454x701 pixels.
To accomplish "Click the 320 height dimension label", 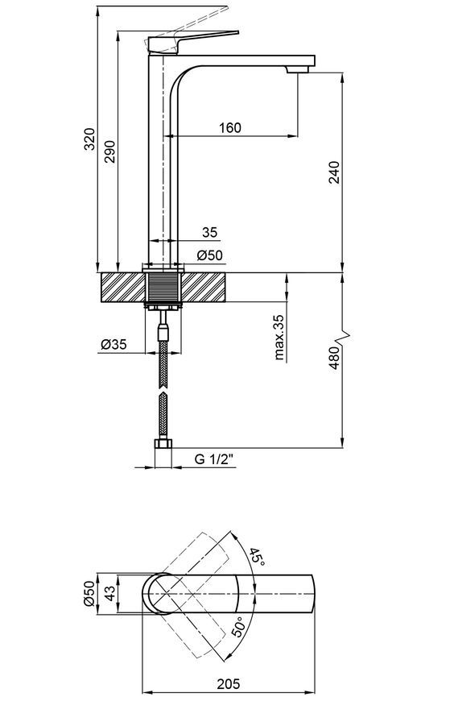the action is pos(90,139).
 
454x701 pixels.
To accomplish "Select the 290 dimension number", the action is pos(110,151).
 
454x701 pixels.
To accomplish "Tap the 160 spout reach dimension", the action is pos(230,128).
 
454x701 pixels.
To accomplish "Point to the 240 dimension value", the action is pos(334,172).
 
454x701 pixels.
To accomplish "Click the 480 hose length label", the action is pos(334,358).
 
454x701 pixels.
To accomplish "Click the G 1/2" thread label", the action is pos(214,459).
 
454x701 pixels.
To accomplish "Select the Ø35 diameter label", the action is pos(114,344).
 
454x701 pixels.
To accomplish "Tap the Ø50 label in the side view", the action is pos(209,255).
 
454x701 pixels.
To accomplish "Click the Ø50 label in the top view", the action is pos(89,594).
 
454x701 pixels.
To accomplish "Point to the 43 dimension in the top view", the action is pos(110,594).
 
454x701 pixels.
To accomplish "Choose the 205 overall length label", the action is pos(229,683).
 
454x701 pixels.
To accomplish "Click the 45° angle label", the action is pos(257,557).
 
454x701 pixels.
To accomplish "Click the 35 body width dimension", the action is pos(209,232).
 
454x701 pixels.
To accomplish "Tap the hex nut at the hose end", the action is pos(163,445).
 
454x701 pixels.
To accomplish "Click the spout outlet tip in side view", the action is pos(298,70).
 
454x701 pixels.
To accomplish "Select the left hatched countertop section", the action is pos(123,287).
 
